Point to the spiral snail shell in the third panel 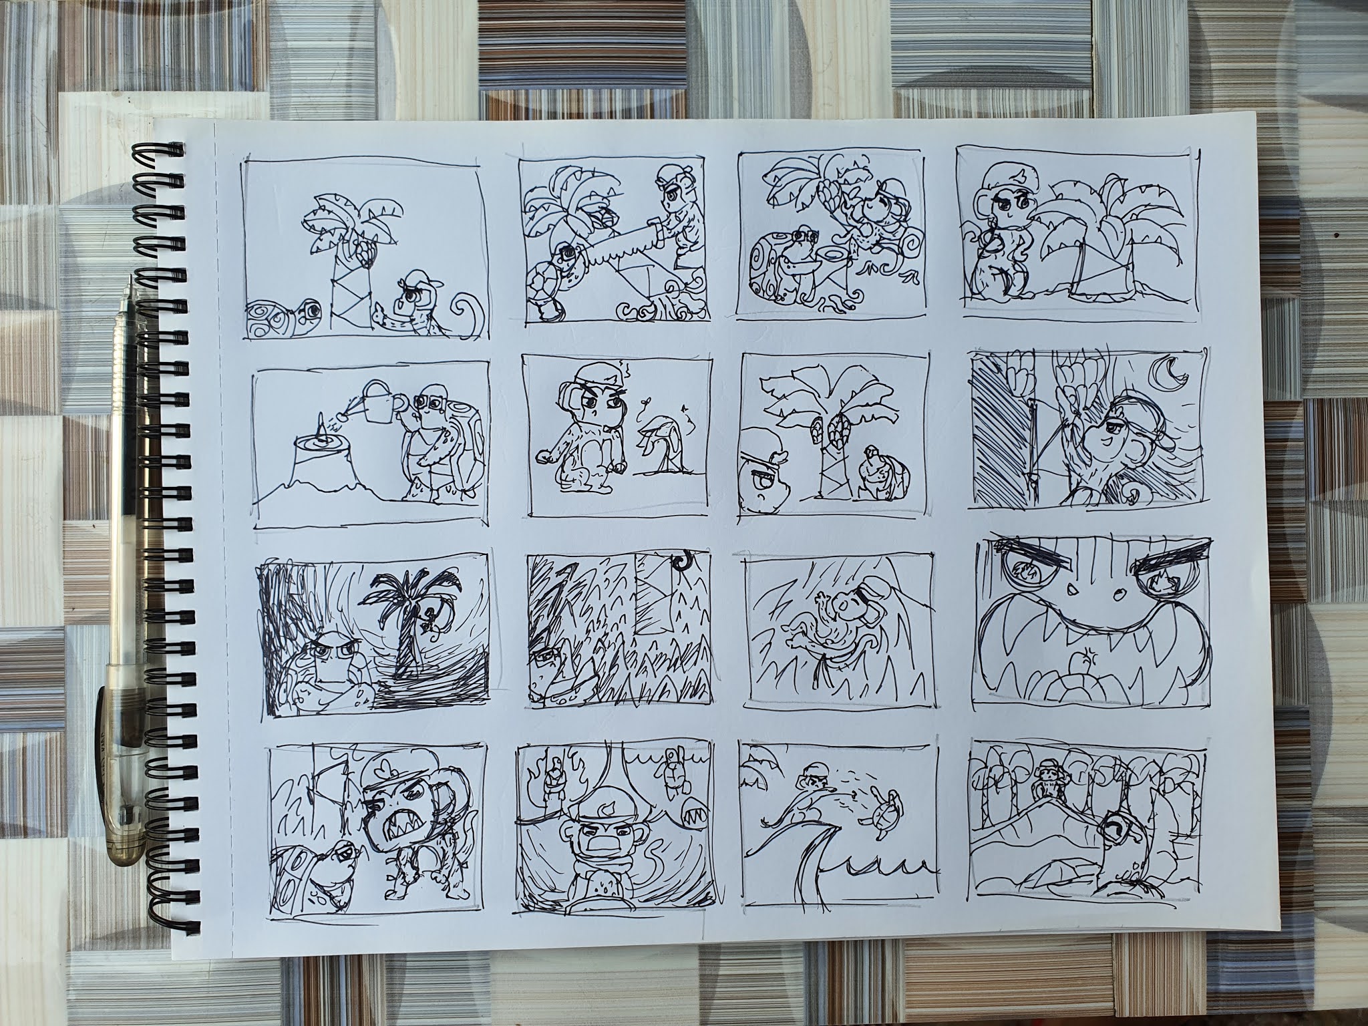tap(782, 281)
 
